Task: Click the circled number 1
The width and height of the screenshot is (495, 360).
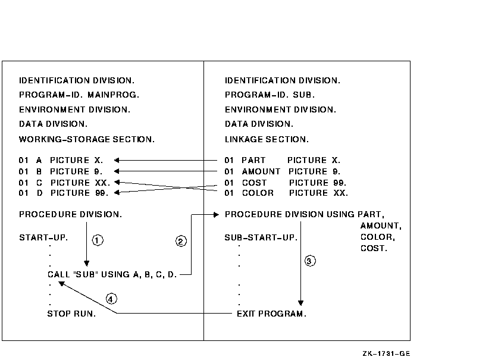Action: (x=98, y=240)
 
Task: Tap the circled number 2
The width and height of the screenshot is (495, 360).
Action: (x=181, y=241)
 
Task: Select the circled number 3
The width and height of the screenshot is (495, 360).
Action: (x=309, y=260)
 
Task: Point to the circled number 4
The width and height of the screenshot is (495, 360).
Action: (x=111, y=298)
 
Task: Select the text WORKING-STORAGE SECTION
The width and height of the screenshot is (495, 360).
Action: (x=87, y=140)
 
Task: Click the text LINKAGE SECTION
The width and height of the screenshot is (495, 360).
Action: (x=267, y=140)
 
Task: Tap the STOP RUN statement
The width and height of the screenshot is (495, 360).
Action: (x=71, y=314)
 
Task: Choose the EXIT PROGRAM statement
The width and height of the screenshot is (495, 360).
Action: (x=271, y=314)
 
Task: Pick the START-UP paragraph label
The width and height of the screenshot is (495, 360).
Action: (x=43, y=237)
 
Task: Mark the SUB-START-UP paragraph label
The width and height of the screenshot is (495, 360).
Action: (x=261, y=237)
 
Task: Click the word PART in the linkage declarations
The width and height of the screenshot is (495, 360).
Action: (x=253, y=160)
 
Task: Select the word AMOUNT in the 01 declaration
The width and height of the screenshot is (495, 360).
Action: (x=261, y=171)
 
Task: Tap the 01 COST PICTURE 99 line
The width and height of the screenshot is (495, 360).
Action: (x=286, y=183)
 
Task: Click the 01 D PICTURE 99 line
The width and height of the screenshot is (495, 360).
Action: (x=64, y=193)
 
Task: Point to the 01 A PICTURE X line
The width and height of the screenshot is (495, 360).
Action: (x=61, y=160)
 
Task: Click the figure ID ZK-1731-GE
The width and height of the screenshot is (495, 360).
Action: (x=386, y=354)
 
